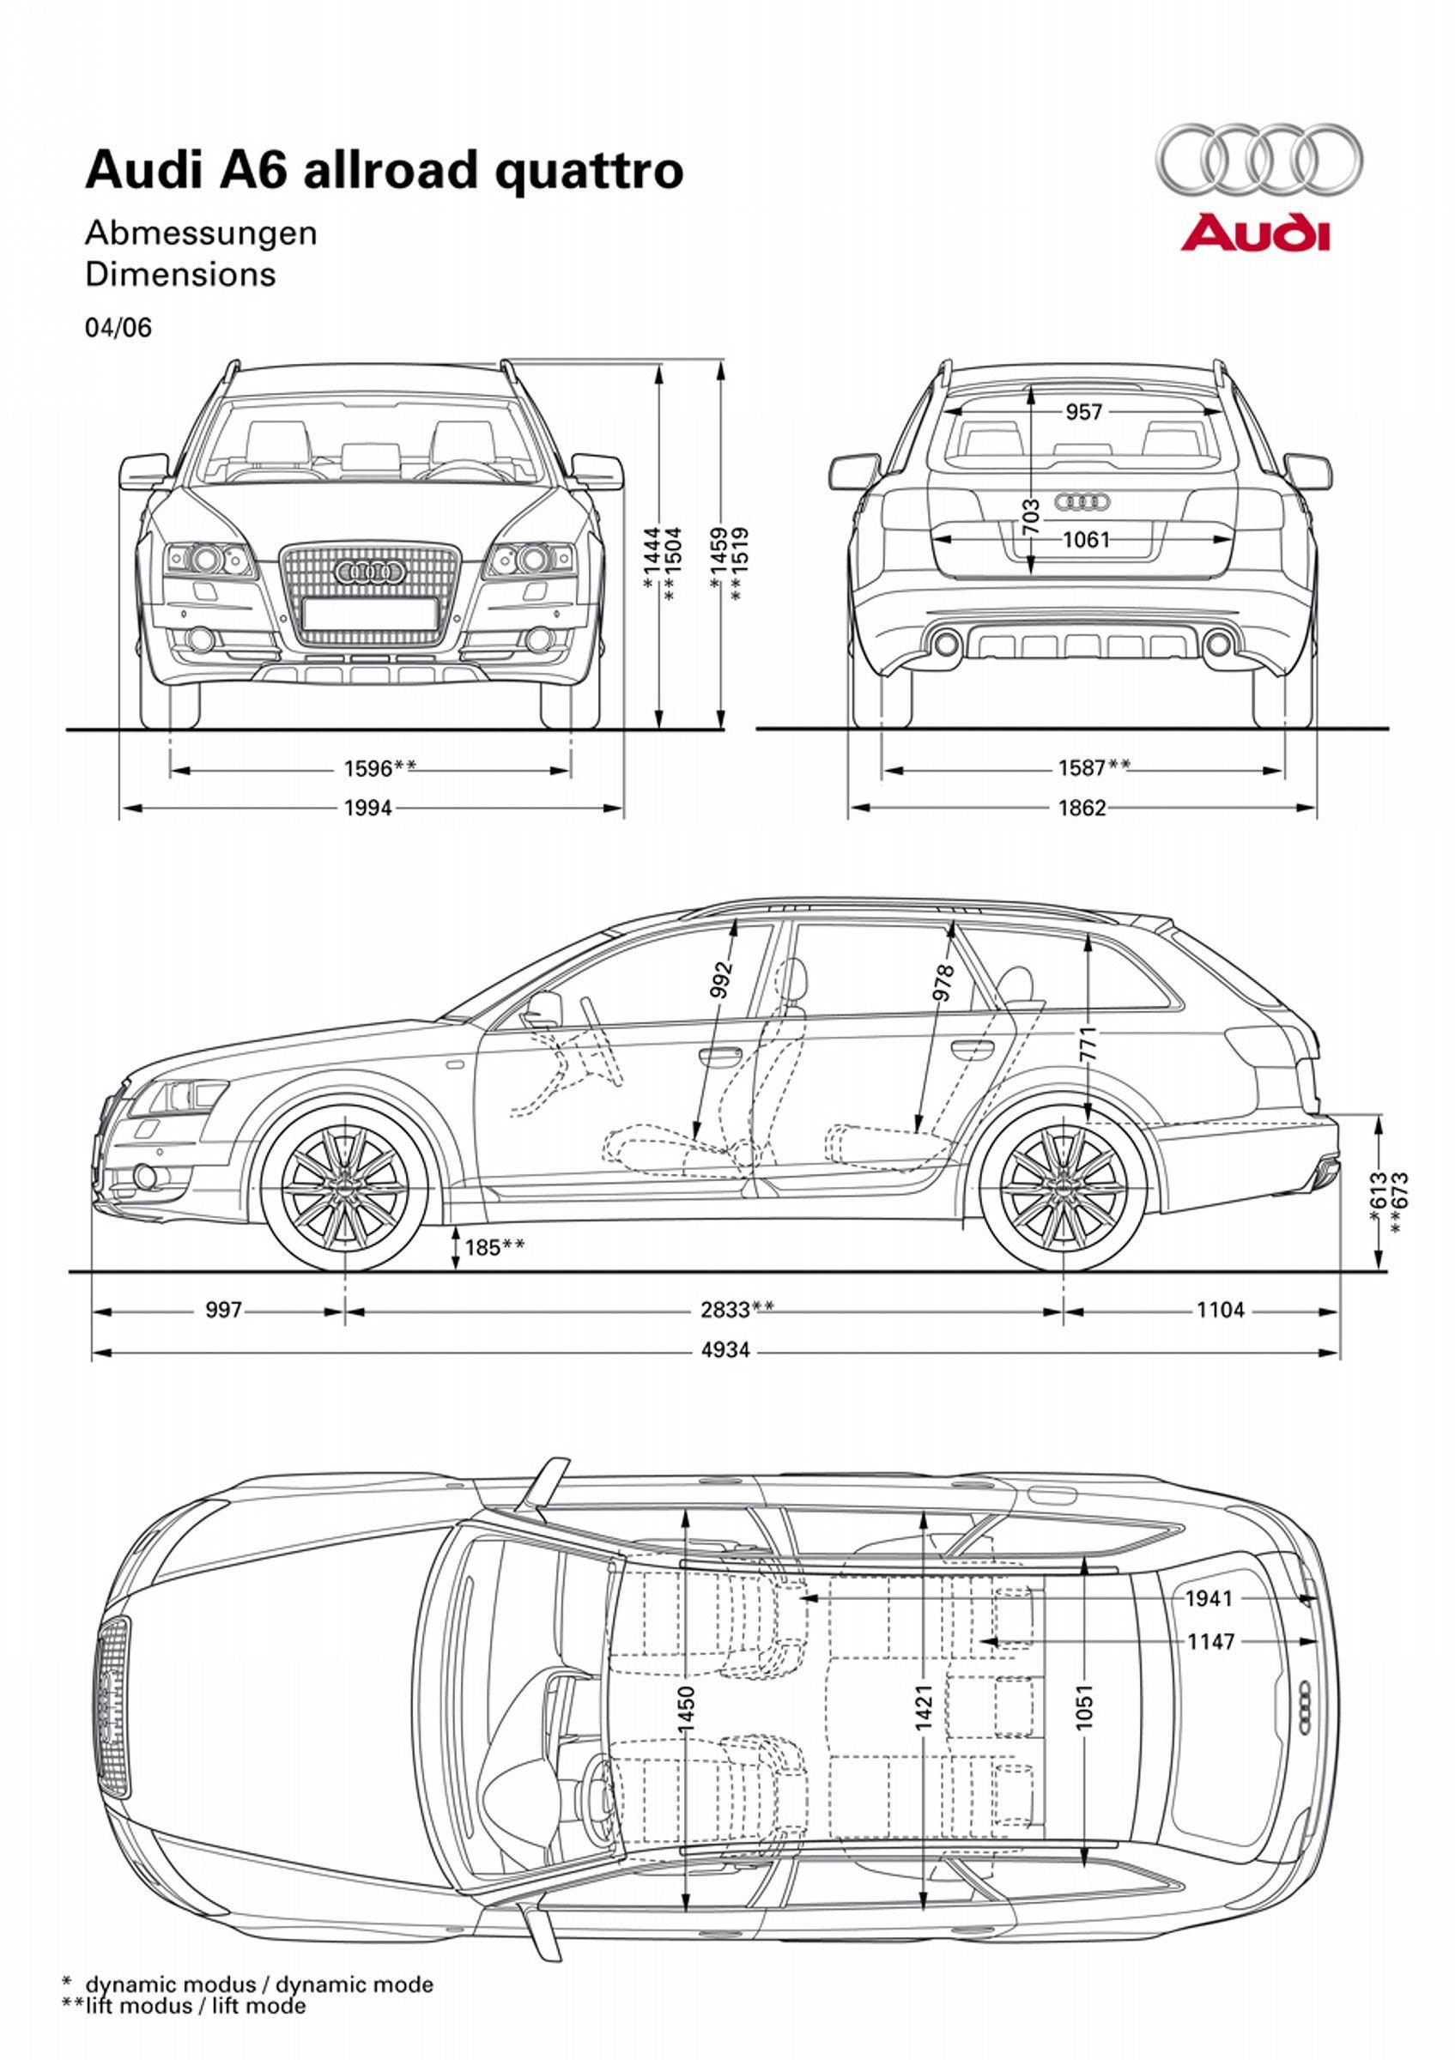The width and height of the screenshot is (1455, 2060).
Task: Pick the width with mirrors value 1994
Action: tap(368, 808)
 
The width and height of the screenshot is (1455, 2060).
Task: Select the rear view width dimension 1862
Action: tap(1082, 808)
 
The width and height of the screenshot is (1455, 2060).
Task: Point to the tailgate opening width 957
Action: tap(1083, 412)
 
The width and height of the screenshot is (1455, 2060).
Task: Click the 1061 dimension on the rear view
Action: tap(1087, 539)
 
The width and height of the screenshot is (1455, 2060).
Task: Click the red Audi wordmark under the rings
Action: tap(1254, 233)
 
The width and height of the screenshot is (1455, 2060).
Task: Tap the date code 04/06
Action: tap(118, 328)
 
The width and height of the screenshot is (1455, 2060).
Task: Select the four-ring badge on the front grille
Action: tap(368, 571)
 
